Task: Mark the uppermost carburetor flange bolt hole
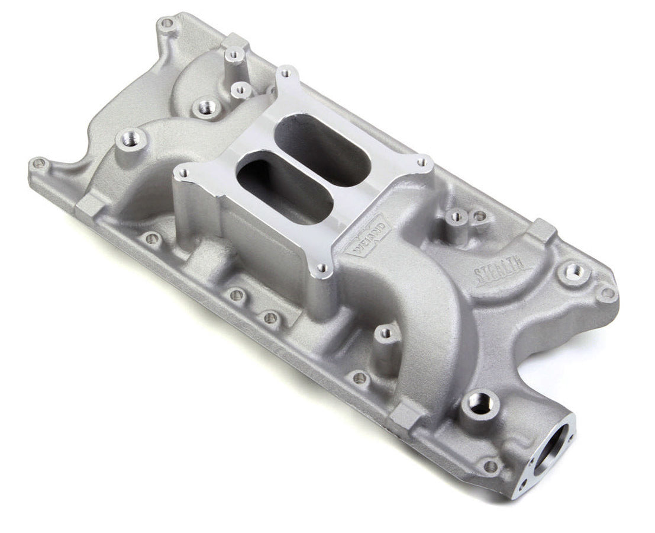[x=286, y=73]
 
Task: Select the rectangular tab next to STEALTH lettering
[x=544, y=231]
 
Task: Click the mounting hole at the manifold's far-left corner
[x=38, y=161]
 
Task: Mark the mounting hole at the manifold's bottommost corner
[x=490, y=467]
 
